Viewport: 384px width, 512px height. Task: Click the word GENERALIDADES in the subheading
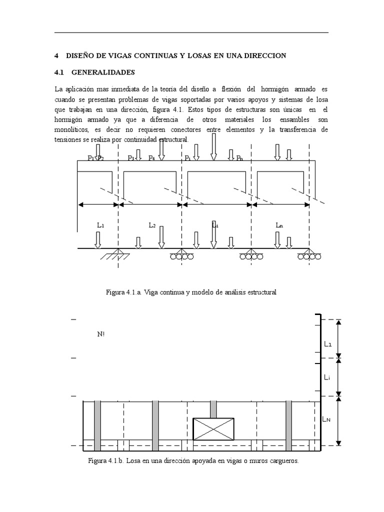[103, 72]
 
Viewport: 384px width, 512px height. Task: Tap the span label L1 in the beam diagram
[100, 225]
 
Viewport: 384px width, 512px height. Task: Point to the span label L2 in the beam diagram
[152, 225]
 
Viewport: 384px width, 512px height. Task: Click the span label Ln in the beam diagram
[279, 225]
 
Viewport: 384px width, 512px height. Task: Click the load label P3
[131, 158]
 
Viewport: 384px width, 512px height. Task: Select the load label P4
[152, 158]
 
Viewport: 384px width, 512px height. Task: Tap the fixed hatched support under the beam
[115, 255]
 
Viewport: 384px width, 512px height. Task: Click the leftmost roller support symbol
[181, 256]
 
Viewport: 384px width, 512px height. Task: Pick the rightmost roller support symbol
[309, 256]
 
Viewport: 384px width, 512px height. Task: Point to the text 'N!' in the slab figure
[100, 334]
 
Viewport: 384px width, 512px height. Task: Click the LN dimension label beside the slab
[326, 419]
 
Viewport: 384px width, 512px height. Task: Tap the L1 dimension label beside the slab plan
[327, 344]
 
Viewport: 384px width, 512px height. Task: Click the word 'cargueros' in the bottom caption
[282, 460]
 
